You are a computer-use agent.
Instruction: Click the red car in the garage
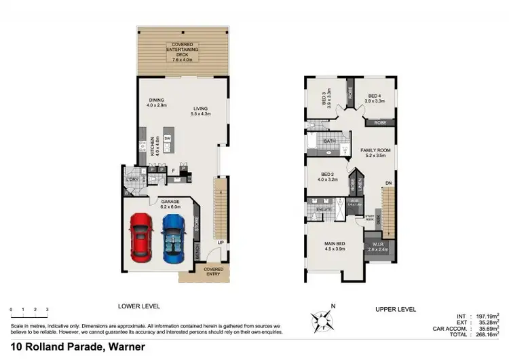pyautogui.click(x=140, y=238)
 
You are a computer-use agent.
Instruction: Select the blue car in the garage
pyautogui.click(x=173, y=240)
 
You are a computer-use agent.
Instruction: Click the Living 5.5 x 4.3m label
pyautogui.click(x=200, y=111)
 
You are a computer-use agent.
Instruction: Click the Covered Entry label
pyautogui.click(x=214, y=272)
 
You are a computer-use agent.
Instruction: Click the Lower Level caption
pyautogui.click(x=138, y=306)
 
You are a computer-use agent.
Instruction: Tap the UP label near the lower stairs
pyautogui.click(x=221, y=242)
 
